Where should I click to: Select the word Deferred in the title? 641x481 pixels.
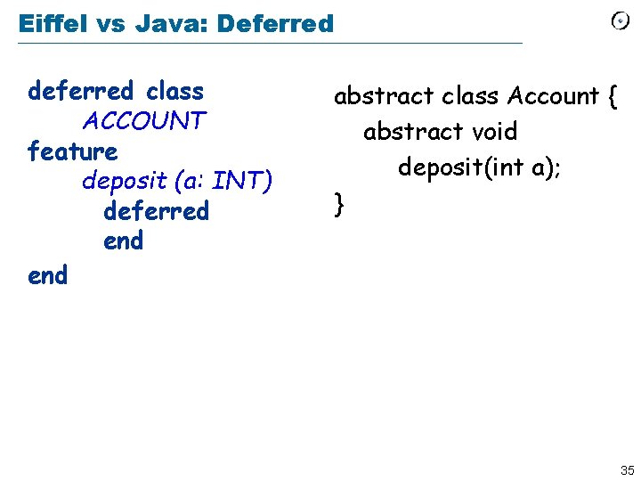point(277,24)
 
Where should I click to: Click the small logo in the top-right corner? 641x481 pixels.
point(621,21)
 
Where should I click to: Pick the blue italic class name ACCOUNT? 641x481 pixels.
point(144,120)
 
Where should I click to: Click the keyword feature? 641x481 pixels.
point(73,151)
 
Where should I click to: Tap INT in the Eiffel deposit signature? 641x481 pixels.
point(242,181)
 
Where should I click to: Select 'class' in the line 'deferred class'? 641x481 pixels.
point(174,91)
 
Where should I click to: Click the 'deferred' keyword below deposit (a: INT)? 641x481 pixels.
point(157,211)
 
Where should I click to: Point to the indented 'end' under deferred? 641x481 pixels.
point(123,241)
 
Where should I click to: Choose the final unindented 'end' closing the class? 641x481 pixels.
point(47,276)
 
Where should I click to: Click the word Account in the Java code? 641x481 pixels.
point(553,96)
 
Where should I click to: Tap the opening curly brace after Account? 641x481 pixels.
point(611,96)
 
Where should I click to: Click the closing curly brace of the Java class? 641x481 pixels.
point(338,205)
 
